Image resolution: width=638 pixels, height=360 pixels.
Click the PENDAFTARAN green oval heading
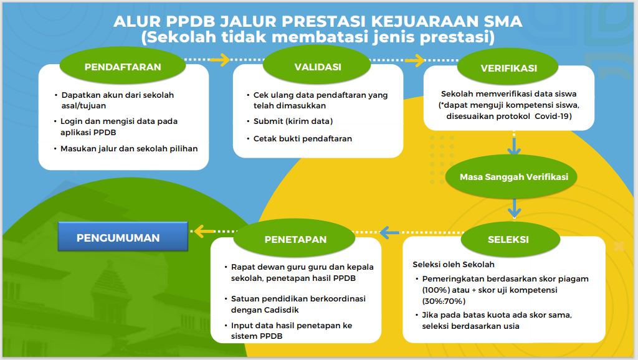pyautogui.click(x=123, y=67)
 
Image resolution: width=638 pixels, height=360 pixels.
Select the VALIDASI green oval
pyautogui.click(x=317, y=67)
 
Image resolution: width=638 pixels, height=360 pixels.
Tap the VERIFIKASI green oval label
pyautogui.click(x=508, y=68)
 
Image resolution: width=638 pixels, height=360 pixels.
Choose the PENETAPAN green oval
pyautogui.click(x=295, y=239)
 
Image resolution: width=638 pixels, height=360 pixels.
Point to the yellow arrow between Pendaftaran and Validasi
pyautogui.click(x=220, y=59)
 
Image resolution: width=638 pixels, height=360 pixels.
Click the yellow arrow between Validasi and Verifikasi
pyautogui.click(x=415, y=60)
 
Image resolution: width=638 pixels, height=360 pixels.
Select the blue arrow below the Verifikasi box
pyautogui.click(x=514, y=146)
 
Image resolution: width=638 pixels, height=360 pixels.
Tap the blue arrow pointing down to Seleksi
pyautogui.click(x=514, y=208)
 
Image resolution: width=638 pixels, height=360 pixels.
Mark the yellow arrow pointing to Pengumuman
pyautogui.click(x=204, y=232)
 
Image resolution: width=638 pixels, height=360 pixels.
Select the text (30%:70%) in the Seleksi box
pyautogui.click(x=444, y=301)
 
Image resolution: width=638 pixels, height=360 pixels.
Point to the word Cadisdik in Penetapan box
pyautogui.click(x=282, y=310)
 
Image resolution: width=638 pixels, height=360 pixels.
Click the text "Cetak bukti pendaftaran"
pyautogui.click(x=302, y=139)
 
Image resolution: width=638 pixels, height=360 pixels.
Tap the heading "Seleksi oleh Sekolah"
pyautogui.click(x=454, y=265)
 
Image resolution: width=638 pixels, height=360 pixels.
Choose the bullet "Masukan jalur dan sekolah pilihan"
pyautogui.click(x=129, y=149)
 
